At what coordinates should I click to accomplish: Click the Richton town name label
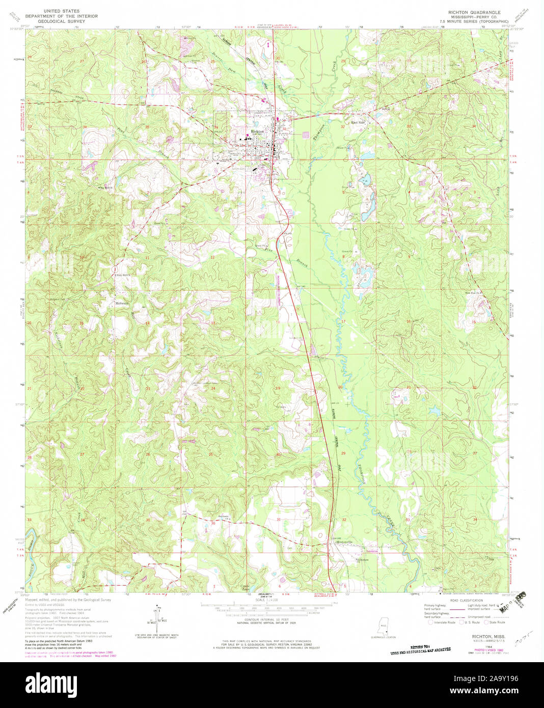[257, 131]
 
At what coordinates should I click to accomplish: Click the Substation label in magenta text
[372, 551]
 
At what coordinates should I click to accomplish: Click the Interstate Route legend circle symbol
[430, 622]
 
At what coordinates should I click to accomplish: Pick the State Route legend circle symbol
[486, 622]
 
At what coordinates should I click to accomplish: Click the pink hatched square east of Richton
[306, 135]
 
